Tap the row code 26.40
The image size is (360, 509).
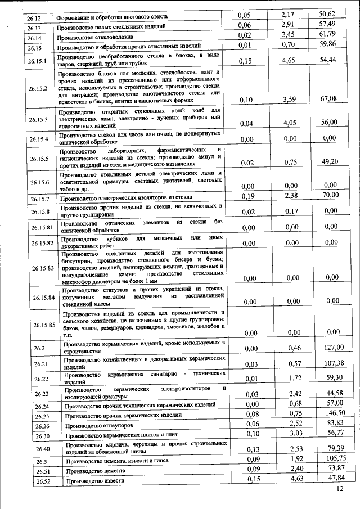(x=38, y=448)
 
